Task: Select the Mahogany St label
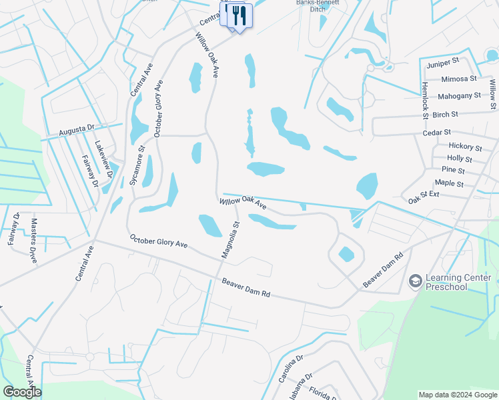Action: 460,96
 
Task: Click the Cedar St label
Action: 437,133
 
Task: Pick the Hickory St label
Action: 465,147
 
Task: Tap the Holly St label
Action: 460,159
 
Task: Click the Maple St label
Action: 449,183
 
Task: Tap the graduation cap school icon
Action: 416,281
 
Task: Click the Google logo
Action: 22,391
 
